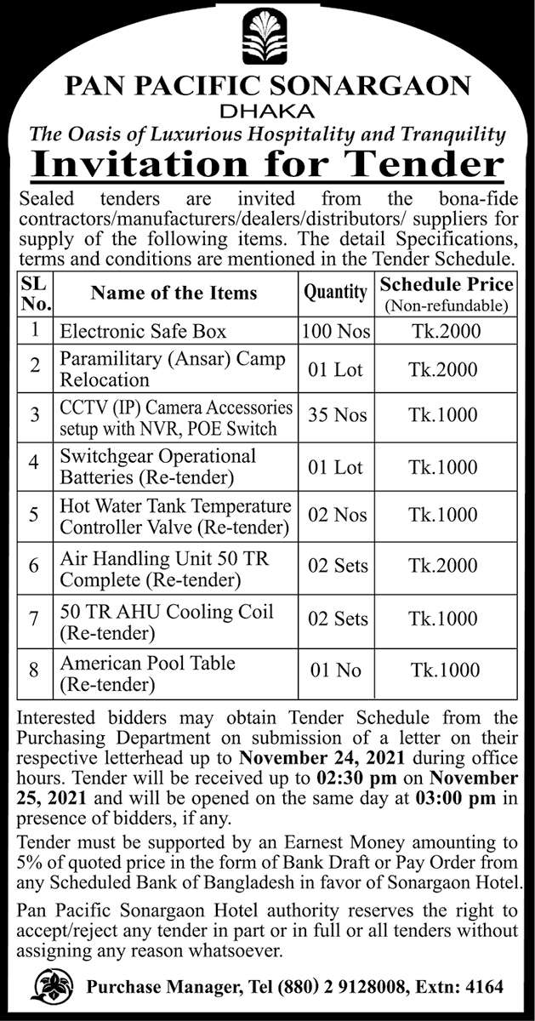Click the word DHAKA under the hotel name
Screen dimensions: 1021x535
[x=267, y=111]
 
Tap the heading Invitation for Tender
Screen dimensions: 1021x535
[x=268, y=162]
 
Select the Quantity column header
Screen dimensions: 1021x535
[x=336, y=292]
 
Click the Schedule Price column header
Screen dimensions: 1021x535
[x=447, y=292]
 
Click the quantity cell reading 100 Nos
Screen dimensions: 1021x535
[x=336, y=330]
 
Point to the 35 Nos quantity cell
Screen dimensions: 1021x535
[x=338, y=414]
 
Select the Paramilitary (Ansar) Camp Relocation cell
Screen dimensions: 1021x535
[x=172, y=368]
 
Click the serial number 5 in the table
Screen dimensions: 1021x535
[x=35, y=515]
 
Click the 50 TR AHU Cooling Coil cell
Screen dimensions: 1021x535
[x=167, y=622]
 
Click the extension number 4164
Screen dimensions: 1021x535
[x=484, y=988]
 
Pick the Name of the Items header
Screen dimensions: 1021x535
[x=174, y=292]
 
